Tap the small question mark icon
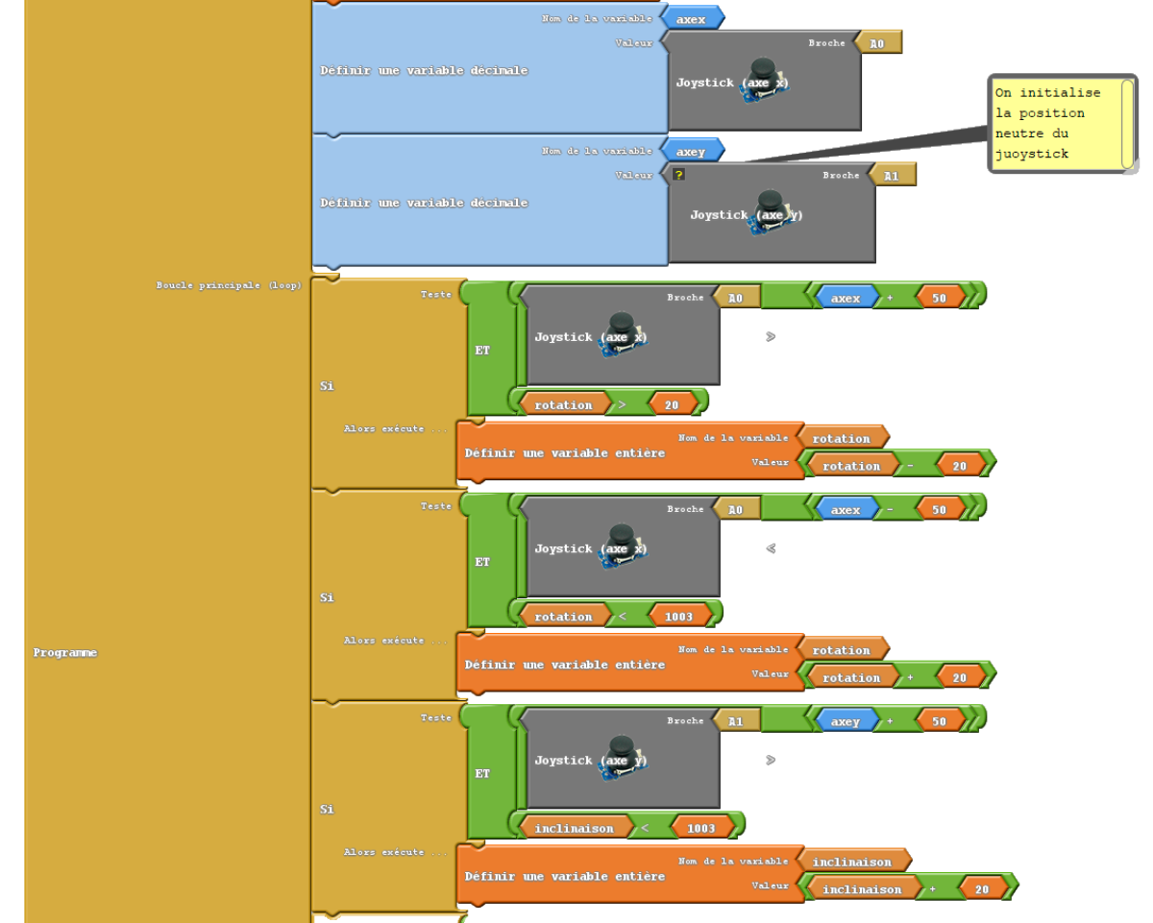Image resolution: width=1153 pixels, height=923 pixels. point(678,175)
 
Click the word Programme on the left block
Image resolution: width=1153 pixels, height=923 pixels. point(65,653)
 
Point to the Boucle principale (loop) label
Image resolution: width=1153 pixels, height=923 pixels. point(229,285)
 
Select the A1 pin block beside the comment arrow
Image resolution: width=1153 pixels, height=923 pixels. point(892,176)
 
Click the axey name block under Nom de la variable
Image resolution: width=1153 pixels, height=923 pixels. point(691,152)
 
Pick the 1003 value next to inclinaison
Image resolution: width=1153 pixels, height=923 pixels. point(701,828)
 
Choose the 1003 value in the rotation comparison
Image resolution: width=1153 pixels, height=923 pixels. point(679,617)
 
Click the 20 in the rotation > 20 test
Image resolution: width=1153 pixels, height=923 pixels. point(672,405)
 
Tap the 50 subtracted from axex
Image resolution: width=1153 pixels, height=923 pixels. point(939,510)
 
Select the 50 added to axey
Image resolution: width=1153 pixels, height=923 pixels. point(939,721)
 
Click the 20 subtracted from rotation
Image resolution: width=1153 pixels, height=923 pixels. point(960,466)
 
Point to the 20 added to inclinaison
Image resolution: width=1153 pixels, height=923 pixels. point(982,889)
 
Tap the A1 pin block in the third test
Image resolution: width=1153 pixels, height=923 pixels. point(736,721)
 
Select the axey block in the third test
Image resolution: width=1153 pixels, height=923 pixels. point(846,721)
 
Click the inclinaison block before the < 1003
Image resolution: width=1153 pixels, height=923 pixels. point(574,828)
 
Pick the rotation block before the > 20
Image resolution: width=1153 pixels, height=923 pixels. point(564,405)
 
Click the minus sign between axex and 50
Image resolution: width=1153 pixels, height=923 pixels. point(890,510)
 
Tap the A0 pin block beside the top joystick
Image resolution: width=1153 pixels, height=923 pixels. point(877,43)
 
